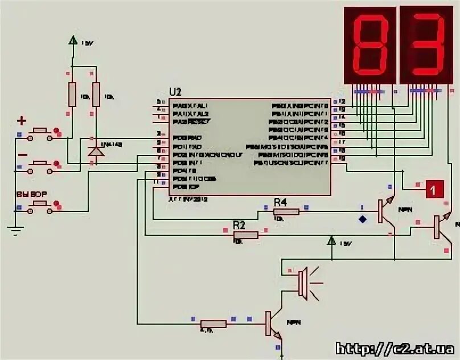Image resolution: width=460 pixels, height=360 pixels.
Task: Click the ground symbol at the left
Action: tap(16, 230)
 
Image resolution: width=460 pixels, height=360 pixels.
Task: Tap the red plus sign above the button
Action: tap(22, 121)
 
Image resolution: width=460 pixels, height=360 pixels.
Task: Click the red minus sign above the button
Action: tap(22, 155)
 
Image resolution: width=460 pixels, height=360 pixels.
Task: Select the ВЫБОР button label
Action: tap(32, 194)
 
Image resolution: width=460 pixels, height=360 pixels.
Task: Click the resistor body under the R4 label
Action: tap(286, 212)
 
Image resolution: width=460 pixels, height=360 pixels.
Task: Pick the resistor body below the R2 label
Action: tap(246, 234)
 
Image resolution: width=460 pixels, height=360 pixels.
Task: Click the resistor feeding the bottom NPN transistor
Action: tap(213, 324)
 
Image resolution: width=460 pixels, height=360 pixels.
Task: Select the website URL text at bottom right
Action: tap(395, 348)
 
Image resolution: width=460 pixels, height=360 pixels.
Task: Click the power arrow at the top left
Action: tap(72, 40)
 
